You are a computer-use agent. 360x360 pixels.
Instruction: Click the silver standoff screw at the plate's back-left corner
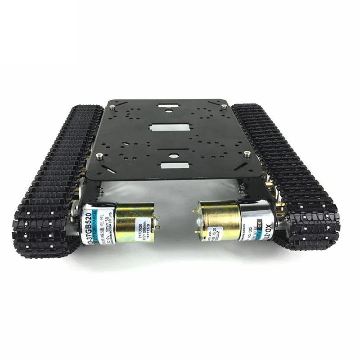(x=112, y=107)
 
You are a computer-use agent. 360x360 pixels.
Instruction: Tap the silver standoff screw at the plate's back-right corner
(x=224, y=107)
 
